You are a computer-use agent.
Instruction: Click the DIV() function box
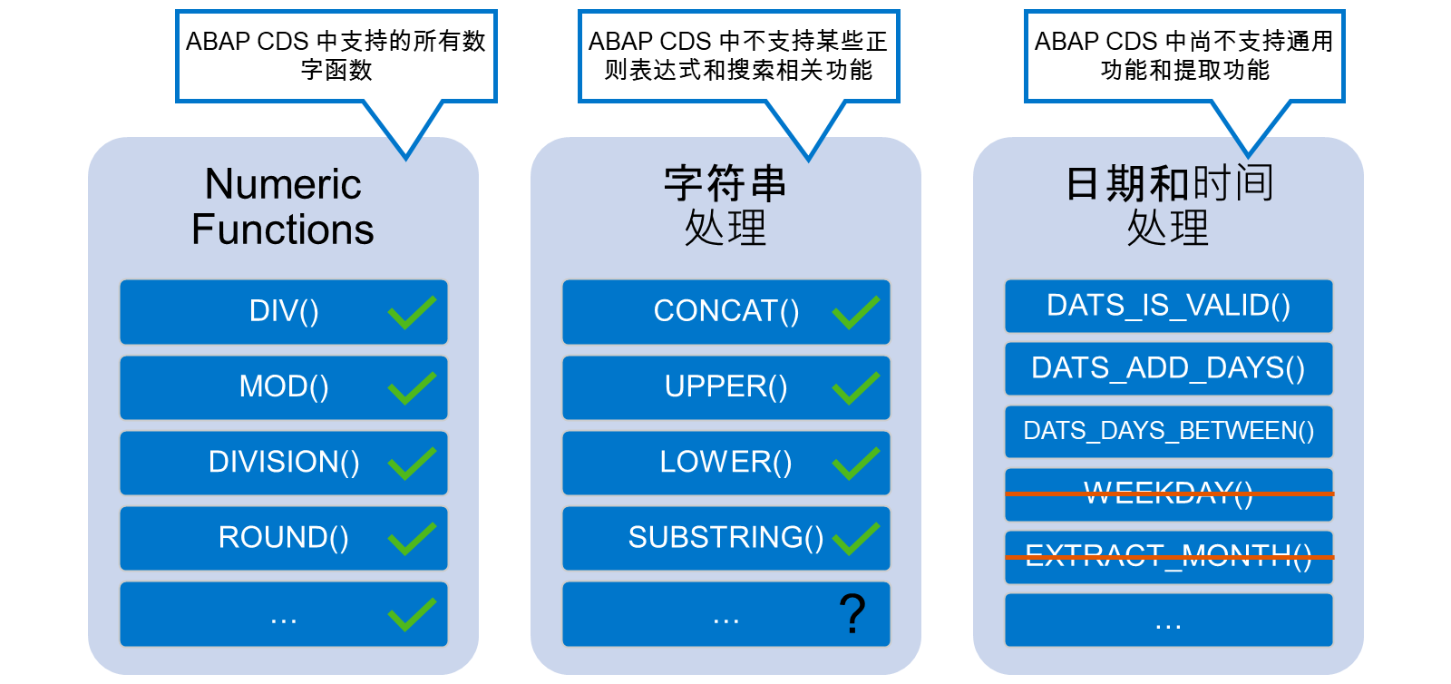tap(284, 311)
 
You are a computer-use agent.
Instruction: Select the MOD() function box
tap(284, 387)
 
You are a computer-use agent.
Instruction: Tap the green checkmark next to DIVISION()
tap(412, 464)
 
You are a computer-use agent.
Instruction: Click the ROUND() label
tap(284, 538)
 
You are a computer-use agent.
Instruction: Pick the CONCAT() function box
tap(726, 311)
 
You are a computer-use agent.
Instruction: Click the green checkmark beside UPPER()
tap(856, 388)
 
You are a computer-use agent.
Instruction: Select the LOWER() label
tap(725, 463)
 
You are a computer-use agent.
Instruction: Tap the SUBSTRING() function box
tap(726, 538)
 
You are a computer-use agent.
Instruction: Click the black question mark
tap(852, 613)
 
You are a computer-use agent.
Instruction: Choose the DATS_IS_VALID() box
tap(1169, 306)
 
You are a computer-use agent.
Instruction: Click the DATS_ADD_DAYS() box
tap(1169, 368)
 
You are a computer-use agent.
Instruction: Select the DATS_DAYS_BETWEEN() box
tap(1169, 432)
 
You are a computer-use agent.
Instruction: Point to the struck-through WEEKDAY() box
tap(1169, 494)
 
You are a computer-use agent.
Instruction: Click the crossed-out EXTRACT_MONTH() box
tap(1169, 557)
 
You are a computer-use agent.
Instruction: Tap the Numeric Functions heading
tap(283, 207)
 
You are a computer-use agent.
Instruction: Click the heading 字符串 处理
tap(725, 205)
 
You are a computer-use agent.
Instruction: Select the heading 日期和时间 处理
tap(1169, 205)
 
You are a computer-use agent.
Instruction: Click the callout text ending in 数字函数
tap(336, 55)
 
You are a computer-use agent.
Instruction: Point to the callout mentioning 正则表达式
tap(738, 55)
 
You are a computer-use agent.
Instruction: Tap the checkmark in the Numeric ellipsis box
tap(412, 614)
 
